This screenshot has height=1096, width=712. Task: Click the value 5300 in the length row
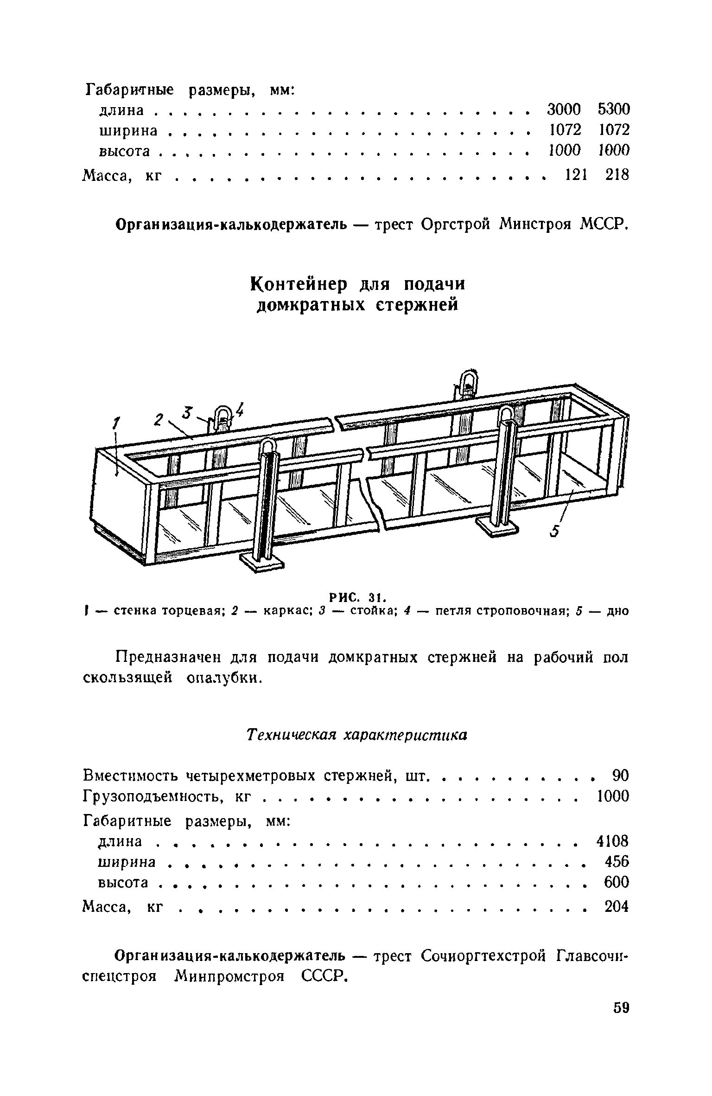click(614, 109)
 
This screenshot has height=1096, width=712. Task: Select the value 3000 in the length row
click(564, 109)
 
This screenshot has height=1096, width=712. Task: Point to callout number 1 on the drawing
click(116, 423)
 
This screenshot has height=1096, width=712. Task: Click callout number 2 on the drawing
click(159, 420)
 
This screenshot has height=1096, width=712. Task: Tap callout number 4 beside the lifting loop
click(240, 409)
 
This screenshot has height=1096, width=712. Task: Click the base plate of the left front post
click(261, 563)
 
